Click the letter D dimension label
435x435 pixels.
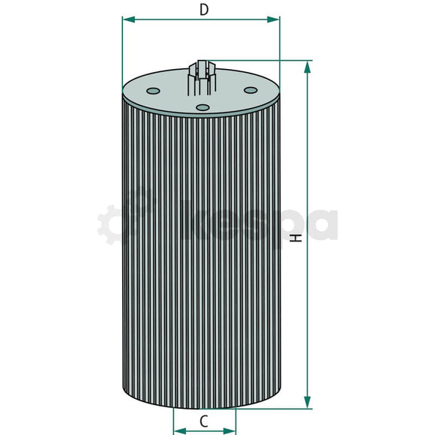point(202,9)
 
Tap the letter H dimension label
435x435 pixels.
point(296,238)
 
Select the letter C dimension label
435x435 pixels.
point(204,421)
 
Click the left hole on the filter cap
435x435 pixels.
point(153,91)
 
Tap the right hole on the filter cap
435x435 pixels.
point(250,91)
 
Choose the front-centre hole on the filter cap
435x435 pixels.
point(202,107)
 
